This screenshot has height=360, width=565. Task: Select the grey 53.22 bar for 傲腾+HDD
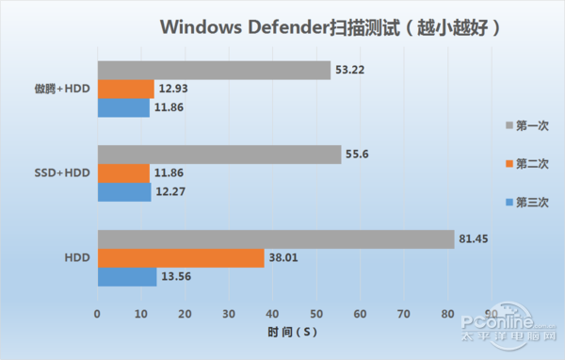(214, 71)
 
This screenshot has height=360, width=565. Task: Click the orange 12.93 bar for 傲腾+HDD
(125, 90)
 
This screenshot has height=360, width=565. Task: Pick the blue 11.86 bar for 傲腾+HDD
(123, 108)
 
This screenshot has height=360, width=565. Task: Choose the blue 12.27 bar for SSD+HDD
(124, 192)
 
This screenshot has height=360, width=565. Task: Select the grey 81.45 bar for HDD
(275, 239)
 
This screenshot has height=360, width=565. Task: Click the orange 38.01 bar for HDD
(180, 258)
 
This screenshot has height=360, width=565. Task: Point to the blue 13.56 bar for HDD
(127, 277)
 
